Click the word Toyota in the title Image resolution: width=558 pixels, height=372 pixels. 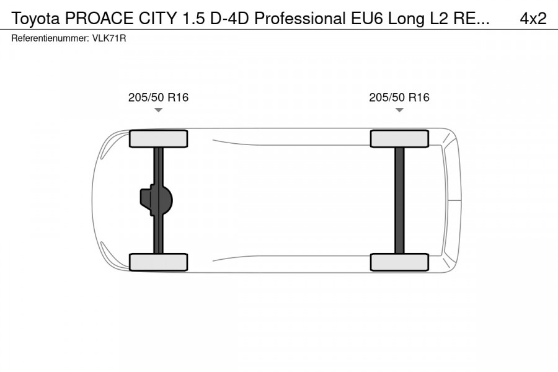[x=36, y=19]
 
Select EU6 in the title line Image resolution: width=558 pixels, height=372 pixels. [x=365, y=19]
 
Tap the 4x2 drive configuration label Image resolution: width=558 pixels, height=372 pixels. [x=533, y=19]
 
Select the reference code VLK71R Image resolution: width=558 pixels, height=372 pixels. [x=110, y=38]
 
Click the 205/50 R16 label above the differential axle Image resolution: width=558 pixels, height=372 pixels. [x=158, y=97]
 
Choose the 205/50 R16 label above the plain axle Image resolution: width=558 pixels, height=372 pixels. [x=399, y=97]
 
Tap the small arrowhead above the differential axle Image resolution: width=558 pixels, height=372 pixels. [x=158, y=110]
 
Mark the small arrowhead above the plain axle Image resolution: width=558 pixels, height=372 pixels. [x=399, y=110]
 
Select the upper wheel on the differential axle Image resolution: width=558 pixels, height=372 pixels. [x=158, y=138]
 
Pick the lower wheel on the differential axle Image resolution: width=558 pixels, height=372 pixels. [x=158, y=262]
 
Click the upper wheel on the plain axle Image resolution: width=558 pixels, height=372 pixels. [x=399, y=138]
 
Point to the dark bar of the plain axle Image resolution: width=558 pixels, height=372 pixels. [x=399, y=200]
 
